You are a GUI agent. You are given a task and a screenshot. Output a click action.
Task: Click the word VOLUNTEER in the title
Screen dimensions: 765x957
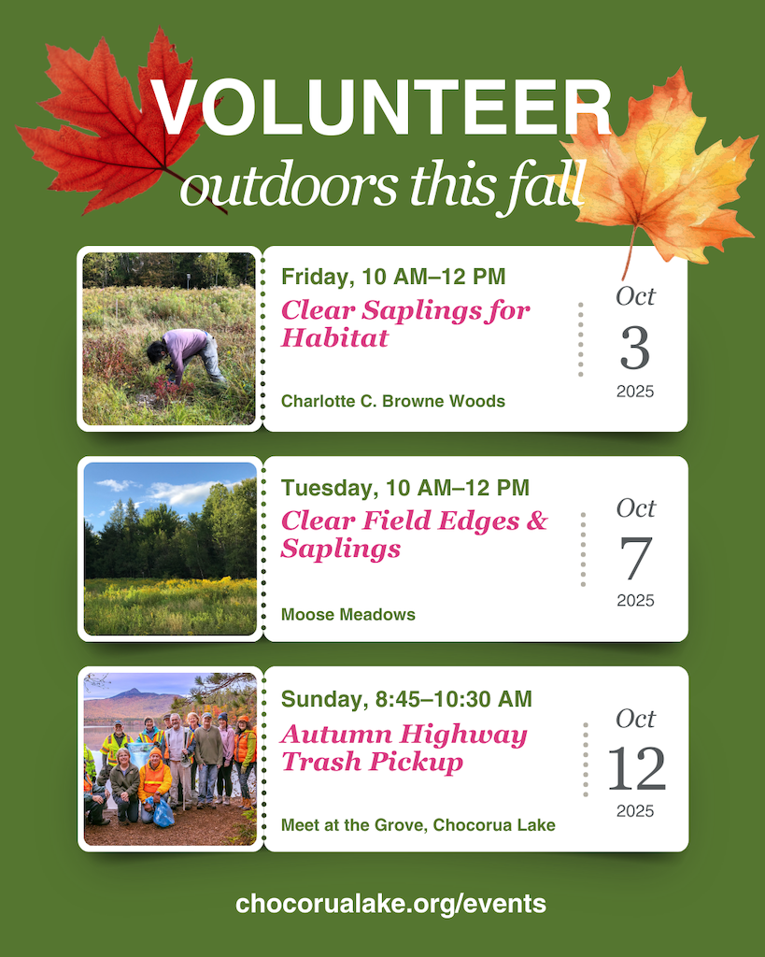[x=381, y=108]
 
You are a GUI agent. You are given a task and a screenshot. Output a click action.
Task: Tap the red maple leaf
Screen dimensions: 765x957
[x=116, y=122]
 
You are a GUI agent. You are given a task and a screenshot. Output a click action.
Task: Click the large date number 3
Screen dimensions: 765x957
[x=635, y=348]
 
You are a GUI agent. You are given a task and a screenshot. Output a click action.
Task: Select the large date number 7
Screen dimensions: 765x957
[x=636, y=558]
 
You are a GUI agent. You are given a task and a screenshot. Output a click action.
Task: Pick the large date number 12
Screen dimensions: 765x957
[x=636, y=768]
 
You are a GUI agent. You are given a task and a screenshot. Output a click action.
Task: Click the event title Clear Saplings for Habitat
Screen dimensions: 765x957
[x=405, y=323]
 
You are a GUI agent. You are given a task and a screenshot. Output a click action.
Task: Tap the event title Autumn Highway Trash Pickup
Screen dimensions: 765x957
[x=404, y=749]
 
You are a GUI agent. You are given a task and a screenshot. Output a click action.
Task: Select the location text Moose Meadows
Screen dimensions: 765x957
[x=347, y=615]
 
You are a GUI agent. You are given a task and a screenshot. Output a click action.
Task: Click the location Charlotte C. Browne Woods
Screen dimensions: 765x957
[x=393, y=401]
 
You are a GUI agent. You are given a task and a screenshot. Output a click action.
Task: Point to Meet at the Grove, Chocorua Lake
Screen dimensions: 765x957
[x=418, y=825]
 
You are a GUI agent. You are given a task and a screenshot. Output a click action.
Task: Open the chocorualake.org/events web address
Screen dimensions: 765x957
[x=390, y=904]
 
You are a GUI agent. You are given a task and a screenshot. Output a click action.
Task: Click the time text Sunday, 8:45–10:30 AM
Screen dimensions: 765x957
[x=406, y=699]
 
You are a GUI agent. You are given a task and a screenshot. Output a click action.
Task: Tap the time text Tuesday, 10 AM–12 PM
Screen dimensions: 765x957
[x=405, y=488]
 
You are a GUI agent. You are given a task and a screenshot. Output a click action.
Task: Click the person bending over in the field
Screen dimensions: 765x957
[x=186, y=356]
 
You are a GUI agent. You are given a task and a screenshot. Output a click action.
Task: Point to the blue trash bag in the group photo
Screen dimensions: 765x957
[x=163, y=814]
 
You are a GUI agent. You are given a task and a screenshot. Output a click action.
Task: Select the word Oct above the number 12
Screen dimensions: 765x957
[x=636, y=719]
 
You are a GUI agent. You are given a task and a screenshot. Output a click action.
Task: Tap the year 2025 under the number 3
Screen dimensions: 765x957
[x=635, y=392]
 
